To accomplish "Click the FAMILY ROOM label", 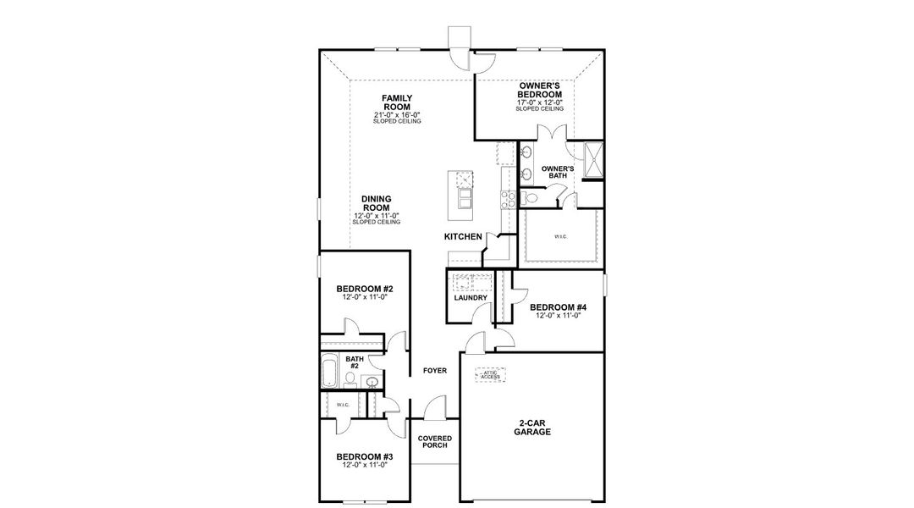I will click(396, 102).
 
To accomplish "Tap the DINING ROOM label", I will click(377, 203).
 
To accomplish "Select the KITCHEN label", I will click(463, 237).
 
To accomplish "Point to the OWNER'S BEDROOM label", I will click(540, 90).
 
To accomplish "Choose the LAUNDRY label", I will click(470, 298).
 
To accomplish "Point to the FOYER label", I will click(435, 371).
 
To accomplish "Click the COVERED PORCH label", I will click(435, 443).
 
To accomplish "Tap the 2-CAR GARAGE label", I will click(532, 427).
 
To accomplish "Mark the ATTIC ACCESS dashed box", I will click(491, 374).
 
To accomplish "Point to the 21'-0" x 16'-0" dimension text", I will click(396, 115).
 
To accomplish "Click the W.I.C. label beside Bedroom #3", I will click(342, 406).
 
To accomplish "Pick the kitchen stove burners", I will click(509, 200).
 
